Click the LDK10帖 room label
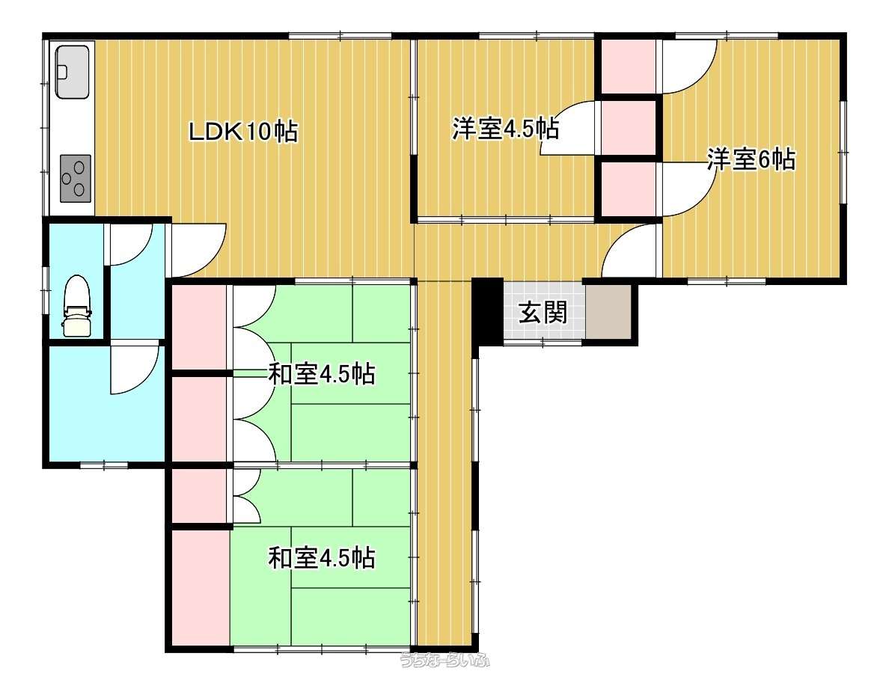point(242,132)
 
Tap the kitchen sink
point(72,71)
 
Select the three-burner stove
point(76,178)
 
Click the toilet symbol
point(76,305)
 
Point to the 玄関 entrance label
point(543,312)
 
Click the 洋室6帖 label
point(751,159)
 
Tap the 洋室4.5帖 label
point(505,129)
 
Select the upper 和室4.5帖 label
point(321,374)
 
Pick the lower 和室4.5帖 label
point(321,558)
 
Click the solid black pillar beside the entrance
point(488,311)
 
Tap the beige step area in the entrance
point(608,312)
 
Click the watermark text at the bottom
point(445,660)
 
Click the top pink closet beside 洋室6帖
point(628,66)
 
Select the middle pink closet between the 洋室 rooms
point(628,128)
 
